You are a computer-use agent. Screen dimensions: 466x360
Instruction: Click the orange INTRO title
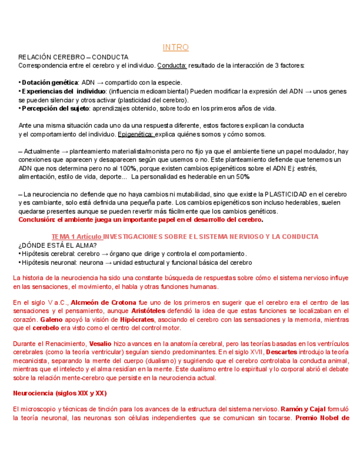click(175, 48)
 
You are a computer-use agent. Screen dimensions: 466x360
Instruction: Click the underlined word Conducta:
click(172, 65)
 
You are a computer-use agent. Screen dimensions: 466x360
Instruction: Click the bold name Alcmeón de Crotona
click(101, 303)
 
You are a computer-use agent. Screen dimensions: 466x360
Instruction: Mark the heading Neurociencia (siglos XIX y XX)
click(59, 393)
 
